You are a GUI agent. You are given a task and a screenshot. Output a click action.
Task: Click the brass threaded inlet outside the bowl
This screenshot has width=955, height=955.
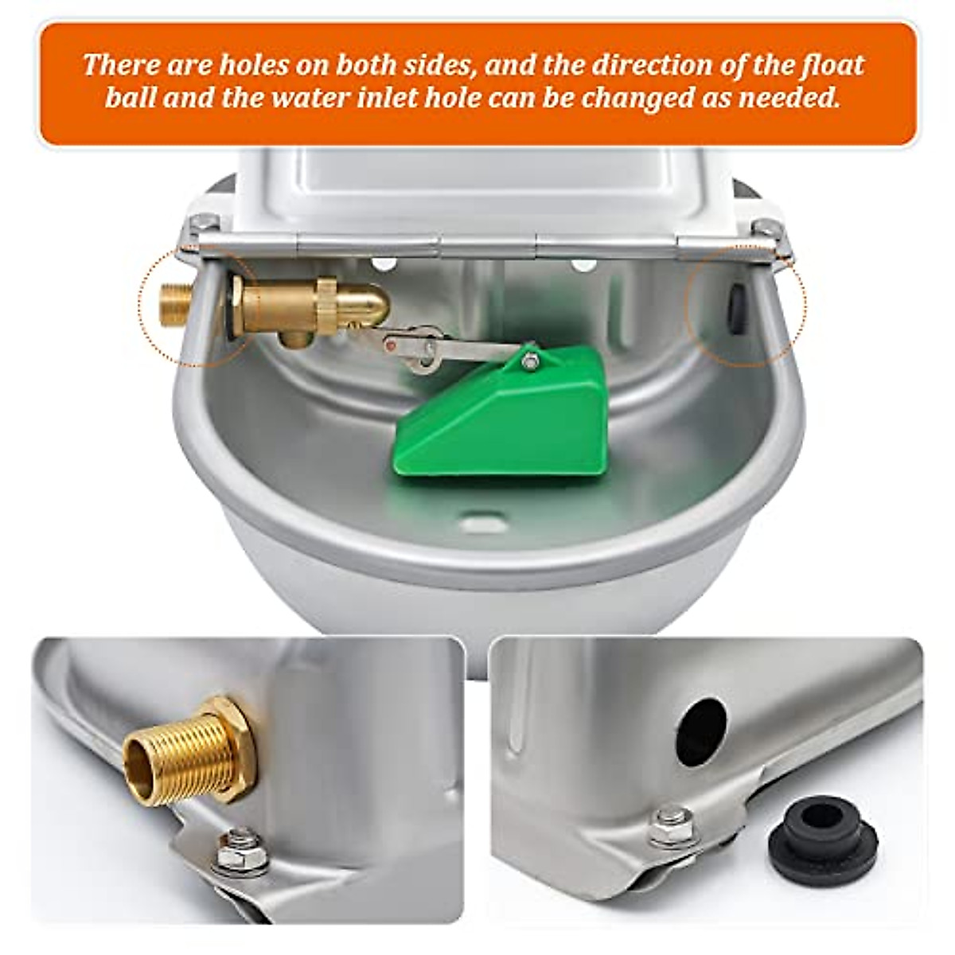pos(174,303)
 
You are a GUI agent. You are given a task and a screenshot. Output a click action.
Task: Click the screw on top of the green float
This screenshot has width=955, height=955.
pos(528,362)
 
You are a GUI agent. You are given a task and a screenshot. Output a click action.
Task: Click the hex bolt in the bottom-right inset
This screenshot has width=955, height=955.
pos(670,822)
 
